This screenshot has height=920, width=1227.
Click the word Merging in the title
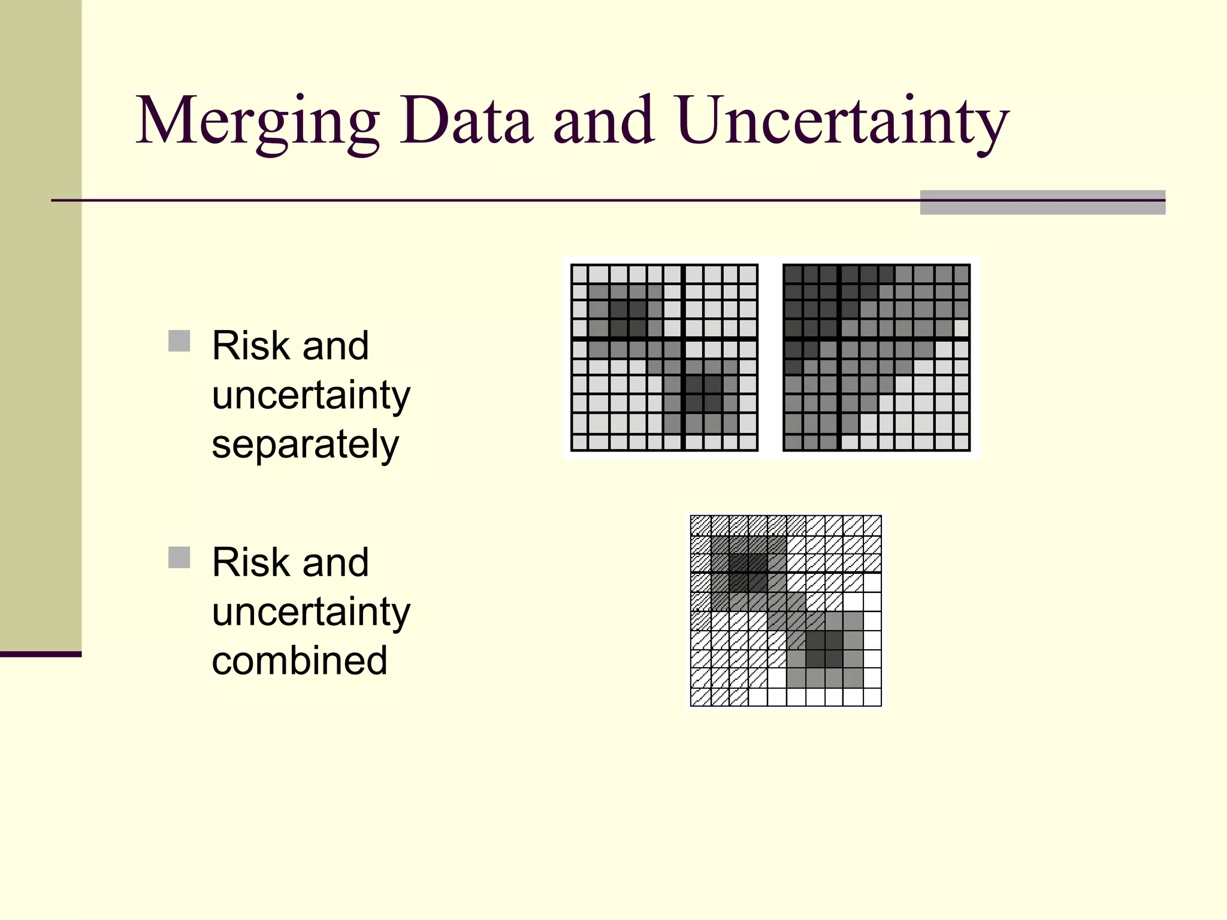pyautogui.click(x=258, y=122)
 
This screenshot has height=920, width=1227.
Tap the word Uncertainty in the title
pyautogui.click(x=844, y=122)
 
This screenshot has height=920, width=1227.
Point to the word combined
pyautogui.click(x=300, y=661)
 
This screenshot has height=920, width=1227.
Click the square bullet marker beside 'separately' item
pyautogui.click(x=179, y=341)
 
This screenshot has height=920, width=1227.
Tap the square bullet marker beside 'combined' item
pyautogui.click(x=179, y=557)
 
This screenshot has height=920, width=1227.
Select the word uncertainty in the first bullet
pyautogui.click(x=311, y=396)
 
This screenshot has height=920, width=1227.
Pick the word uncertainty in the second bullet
pyautogui.click(x=311, y=612)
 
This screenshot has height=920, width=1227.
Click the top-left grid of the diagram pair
pyautogui.click(x=664, y=358)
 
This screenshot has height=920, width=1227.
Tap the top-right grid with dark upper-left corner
pyautogui.click(x=877, y=358)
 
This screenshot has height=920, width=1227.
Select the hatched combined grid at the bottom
pyautogui.click(x=785, y=610)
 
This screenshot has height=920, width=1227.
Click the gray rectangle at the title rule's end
pyautogui.click(x=1042, y=202)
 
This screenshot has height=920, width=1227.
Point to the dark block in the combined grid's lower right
pyautogui.click(x=824, y=649)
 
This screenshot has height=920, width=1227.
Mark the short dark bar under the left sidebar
pyautogui.click(x=40, y=654)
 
